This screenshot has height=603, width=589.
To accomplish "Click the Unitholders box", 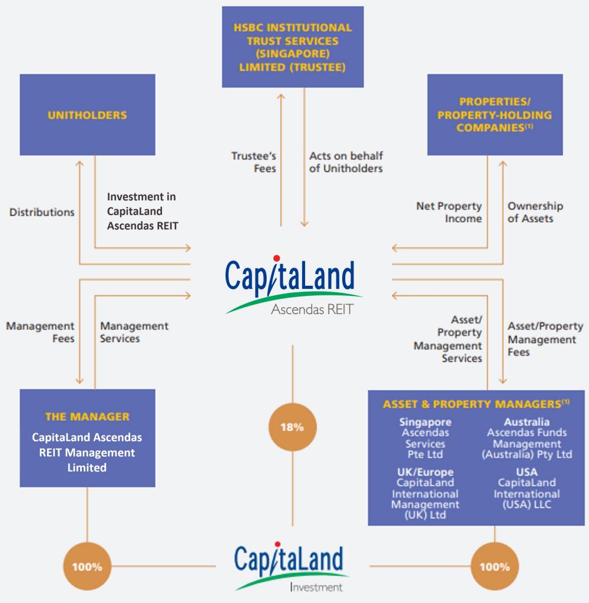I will (87, 115).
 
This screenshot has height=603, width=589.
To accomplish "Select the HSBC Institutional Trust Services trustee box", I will (293, 47).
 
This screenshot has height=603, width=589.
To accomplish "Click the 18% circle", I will (292, 427).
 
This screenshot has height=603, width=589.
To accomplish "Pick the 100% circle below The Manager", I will (87, 566).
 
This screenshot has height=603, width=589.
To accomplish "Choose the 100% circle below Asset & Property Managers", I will (495, 566).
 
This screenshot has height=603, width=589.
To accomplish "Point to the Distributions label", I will (42, 212).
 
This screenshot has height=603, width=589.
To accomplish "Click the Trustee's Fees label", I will (254, 162).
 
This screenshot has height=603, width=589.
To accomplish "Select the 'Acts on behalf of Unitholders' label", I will (346, 162).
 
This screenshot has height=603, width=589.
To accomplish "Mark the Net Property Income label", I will (449, 212).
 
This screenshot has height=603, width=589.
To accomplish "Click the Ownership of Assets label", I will (535, 212).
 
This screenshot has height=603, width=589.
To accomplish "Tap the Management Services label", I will (134, 332).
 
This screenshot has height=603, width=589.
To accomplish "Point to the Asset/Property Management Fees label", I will (545, 339).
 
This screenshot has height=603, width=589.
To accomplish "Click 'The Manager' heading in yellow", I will (87, 417).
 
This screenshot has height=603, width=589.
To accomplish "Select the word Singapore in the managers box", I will (425, 422).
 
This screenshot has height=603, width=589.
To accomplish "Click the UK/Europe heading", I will (425, 472).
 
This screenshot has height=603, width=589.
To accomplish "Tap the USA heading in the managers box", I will (527, 472).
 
